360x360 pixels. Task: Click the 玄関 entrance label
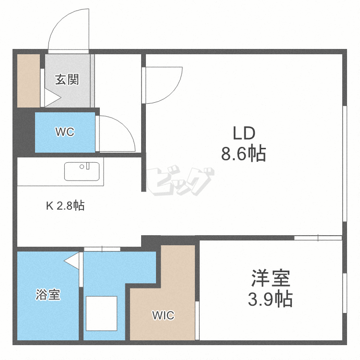(x=67, y=79)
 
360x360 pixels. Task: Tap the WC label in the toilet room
(x=65, y=132)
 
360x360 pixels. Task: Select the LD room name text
(x=244, y=133)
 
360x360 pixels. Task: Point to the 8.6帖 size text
(x=243, y=153)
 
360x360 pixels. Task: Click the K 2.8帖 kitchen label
(x=65, y=206)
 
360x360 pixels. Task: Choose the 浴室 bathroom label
(x=48, y=294)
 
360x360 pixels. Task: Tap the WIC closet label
(x=163, y=315)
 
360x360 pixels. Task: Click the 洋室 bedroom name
(x=271, y=278)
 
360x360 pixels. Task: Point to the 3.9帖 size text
(x=270, y=299)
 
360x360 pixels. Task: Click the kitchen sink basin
(x=82, y=171)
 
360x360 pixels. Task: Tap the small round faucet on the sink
(x=82, y=167)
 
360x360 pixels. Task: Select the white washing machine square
(x=101, y=313)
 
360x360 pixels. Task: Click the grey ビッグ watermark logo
(x=180, y=181)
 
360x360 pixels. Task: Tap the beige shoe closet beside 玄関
(x=29, y=81)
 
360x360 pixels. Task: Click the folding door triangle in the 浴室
(x=72, y=261)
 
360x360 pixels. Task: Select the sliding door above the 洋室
(x=318, y=238)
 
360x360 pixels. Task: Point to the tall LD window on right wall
(x=345, y=164)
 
